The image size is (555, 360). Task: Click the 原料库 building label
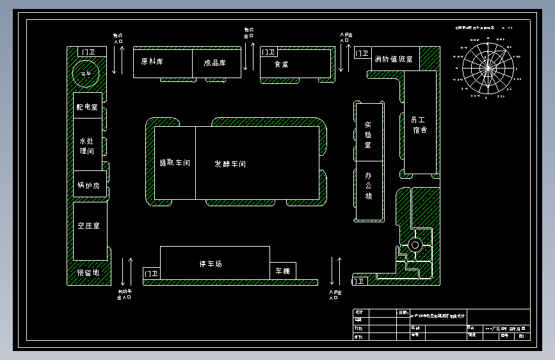[152, 62]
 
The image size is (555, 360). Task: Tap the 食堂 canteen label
[282, 64]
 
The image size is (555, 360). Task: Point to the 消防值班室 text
[394, 59]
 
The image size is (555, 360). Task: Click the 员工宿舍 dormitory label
[419, 124]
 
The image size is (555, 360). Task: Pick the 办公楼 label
[368, 185]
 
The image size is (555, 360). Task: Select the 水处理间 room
[87, 145]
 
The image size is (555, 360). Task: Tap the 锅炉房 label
[88, 186]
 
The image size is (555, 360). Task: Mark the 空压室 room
[88, 226]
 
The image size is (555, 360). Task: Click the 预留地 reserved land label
[88, 273]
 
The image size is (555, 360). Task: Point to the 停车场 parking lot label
[211, 264]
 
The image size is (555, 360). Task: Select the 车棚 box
[283, 271]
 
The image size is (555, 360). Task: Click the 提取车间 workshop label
[175, 163]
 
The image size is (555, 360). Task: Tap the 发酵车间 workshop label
[230, 164]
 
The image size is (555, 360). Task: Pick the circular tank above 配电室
[85, 74]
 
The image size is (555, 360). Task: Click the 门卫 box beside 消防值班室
[362, 54]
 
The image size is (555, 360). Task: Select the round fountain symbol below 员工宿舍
[415, 245]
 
